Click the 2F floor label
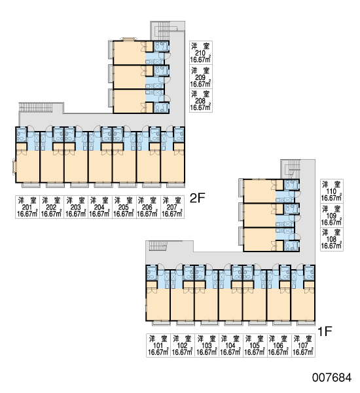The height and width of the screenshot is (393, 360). (x=198, y=198)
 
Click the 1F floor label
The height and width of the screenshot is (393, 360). (x=325, y=331)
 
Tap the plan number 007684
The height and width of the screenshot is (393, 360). (x=332, y=377)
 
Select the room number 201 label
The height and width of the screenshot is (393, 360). (x=27, y=207)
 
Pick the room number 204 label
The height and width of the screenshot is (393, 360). (x=99, y=207)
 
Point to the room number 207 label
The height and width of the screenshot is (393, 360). (x=172, y=207)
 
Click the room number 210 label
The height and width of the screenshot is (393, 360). (x=200, y=53)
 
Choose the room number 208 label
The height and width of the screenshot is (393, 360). (x=200, y=101)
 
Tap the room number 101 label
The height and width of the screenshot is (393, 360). (x=158, y=345)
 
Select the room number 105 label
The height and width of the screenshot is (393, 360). (x=255, y=345)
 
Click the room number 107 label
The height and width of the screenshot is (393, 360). (x=303, y=345)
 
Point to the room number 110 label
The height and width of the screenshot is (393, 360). (x=331, y=191)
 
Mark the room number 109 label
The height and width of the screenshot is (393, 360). (x=331, y=215)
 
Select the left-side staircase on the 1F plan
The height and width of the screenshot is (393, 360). (x=158, y=246)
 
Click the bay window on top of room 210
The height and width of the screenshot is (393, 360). (x=129, y=39)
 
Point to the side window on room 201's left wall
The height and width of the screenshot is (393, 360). (x=14, y=166)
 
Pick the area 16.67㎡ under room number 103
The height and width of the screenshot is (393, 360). (x=207, y=352)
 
